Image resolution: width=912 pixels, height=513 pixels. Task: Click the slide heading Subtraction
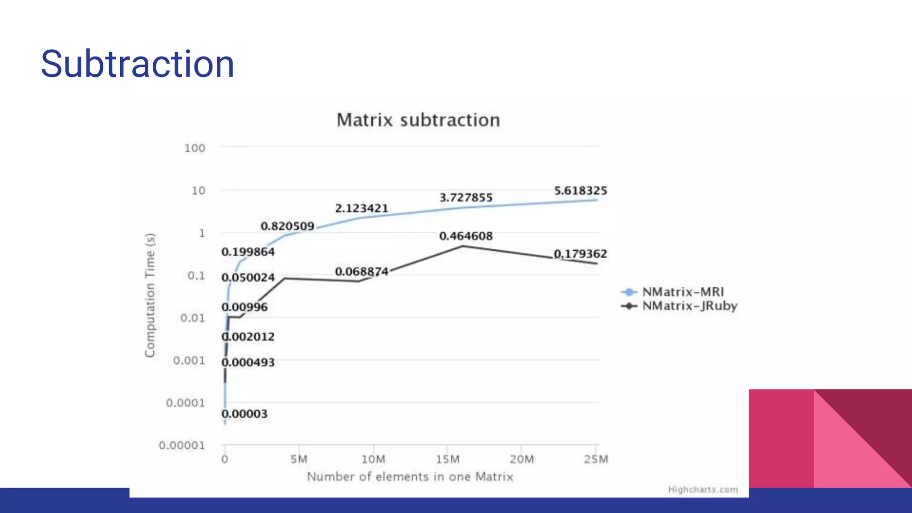(x=137, y=64)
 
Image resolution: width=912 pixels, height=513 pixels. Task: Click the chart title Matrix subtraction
(x=418, y=120)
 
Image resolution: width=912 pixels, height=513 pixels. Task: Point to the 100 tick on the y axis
(x=195, y=148)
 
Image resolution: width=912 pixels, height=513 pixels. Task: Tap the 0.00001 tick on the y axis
(x=182, y=445)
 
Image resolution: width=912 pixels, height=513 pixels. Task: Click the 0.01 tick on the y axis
(x=192, y=318)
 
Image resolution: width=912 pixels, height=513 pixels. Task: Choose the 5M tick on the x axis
(x=299, y=459)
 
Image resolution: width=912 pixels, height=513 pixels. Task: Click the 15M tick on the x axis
(x=447, y=459)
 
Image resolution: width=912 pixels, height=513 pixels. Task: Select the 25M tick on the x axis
(x=596, y=459)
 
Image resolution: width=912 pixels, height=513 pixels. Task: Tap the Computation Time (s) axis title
(x=150, y=295)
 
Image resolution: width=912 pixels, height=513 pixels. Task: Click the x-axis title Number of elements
(x=410, y=477)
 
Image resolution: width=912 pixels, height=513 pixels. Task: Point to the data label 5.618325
(x=580, y=191)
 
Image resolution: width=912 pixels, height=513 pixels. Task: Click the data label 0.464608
(x=466, y=236)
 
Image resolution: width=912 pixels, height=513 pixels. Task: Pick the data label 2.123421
(x=362, y=208)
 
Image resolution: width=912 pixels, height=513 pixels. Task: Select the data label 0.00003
(x=244, y=414)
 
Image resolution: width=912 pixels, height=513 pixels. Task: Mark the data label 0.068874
(x=362, y=272)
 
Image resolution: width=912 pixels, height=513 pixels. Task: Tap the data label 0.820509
(x=287, y=226)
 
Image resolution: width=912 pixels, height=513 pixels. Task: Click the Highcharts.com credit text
(x=703, y=490)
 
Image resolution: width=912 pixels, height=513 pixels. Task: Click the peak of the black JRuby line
(x=463, y=246)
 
